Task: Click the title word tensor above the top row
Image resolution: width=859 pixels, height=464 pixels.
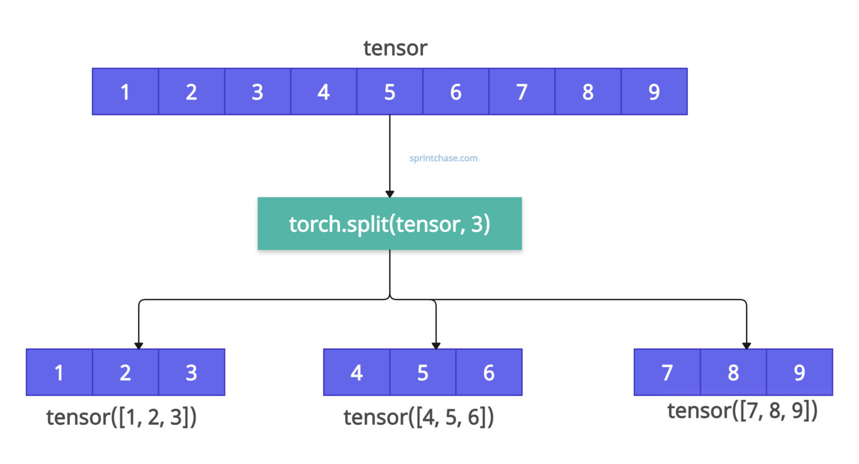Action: (395, 48)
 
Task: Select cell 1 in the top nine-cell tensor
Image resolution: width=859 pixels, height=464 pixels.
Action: (125, 92)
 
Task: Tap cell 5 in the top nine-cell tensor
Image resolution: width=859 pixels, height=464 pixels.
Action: (390, 92)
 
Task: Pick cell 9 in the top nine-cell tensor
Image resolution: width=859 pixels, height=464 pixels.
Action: (654, 92)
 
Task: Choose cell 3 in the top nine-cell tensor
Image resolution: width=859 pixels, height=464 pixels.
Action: (257, 92)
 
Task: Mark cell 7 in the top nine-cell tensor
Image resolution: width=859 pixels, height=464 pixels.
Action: (522, 92)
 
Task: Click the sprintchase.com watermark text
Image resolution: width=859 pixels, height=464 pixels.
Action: (443, 158)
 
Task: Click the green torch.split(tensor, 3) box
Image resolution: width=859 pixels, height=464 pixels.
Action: (389, 224)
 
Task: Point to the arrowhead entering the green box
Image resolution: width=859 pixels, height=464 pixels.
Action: (390, 193)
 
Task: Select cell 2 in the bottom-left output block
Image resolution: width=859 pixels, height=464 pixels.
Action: (125, 372)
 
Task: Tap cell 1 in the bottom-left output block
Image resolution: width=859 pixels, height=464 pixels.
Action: (59, 372)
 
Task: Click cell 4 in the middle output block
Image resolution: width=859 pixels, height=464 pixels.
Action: (356, 372)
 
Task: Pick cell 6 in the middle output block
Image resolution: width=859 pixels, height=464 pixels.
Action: (489, 372)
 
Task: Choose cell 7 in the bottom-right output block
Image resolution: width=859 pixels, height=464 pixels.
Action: (667, 372)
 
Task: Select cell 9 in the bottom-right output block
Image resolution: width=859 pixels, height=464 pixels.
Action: (799, 372)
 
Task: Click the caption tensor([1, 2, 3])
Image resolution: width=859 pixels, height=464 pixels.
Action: (121, 417)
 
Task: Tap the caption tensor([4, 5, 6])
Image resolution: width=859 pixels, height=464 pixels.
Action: (418, 417)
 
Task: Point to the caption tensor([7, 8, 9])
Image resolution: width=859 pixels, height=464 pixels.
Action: (742, 411)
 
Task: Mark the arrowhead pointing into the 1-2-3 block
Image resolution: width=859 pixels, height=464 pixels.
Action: (139, 345)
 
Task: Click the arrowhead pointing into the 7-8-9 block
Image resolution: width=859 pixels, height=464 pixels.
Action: (746, 345)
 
